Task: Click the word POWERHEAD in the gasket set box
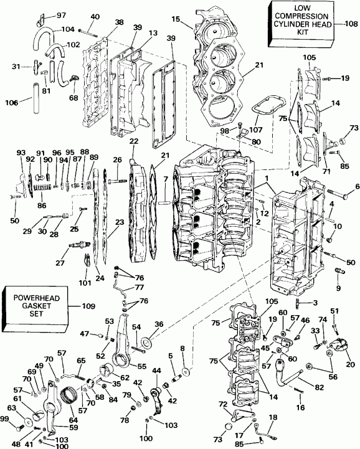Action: tap(34, 298)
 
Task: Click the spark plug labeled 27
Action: tap(77, 245)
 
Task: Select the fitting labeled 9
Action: tap(339, 272)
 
